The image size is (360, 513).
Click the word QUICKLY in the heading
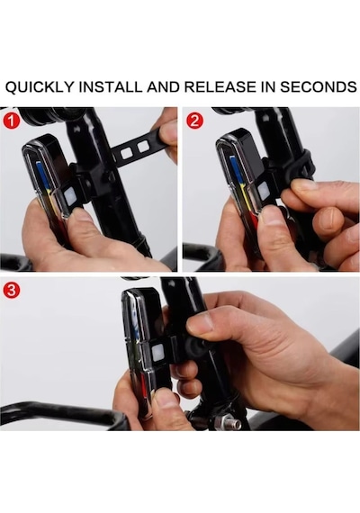tap(40, 87)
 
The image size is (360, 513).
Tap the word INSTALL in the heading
tap(112, 87)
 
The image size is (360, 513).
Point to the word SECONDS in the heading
tap(318, 87)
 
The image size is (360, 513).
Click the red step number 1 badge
tap(12, 121)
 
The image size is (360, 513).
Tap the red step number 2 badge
tap(194, 121)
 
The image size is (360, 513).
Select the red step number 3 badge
tap(12, 290)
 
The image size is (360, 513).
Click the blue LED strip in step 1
tap(40, 175)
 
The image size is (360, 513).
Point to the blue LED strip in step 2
tap(234, 170)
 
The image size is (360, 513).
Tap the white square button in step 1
tap(70, 196)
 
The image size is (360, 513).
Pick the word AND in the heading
tap(163, 87)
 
